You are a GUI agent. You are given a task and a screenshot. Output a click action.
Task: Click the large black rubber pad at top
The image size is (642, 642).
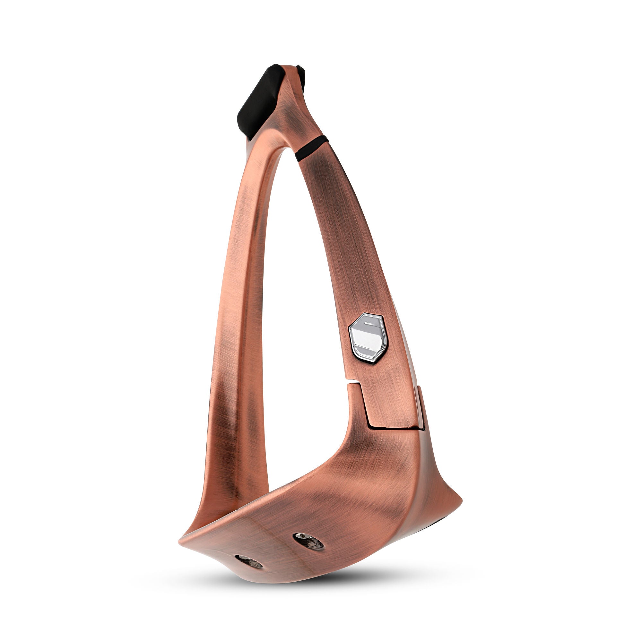click(261, 101)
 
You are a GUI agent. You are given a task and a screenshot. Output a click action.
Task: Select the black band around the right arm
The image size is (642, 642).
click(311, 148)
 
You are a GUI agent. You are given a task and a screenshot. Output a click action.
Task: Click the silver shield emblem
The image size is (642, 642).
click(367, 337)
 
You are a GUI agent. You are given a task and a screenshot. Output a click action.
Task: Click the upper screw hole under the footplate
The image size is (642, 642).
click(309, 541)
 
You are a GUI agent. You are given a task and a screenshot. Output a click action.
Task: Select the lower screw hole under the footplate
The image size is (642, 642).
click(248, 561)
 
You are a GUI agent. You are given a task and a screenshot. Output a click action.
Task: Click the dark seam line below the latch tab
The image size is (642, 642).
click(395, 429)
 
